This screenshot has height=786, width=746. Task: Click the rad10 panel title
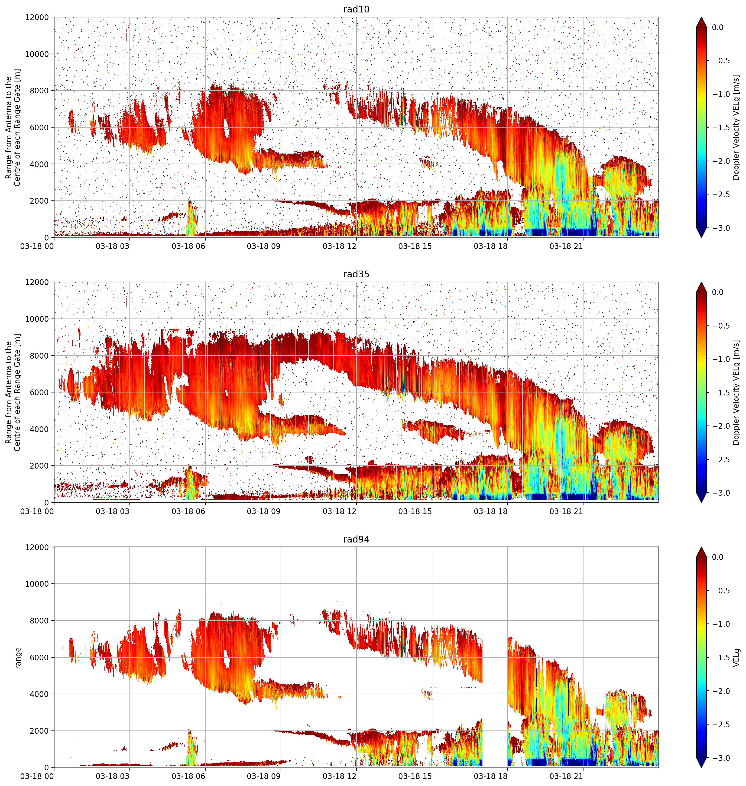point(356,9)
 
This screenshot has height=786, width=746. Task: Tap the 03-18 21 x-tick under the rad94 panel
point(566,776)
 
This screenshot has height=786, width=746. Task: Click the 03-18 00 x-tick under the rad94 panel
point(37,776)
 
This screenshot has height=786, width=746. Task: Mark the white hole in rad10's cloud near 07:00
point(226,128)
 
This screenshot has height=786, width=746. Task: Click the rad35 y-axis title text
point(13,392)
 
